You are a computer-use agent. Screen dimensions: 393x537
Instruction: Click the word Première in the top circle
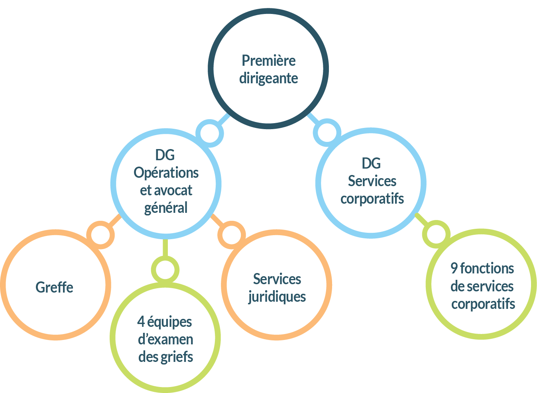[268, 61]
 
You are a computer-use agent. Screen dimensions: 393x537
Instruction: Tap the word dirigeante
[268, 78]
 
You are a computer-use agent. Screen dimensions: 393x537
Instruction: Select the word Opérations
[166, 173]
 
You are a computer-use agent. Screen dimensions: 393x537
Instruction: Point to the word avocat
[173, 191]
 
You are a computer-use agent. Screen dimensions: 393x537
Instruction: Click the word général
[166, 208]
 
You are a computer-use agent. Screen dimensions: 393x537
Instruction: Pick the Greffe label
[54, 287]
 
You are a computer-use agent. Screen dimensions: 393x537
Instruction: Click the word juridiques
[277, 297]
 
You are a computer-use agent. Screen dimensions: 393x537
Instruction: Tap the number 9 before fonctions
[454, 269]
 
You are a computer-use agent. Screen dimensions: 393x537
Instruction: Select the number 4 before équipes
[140, 322]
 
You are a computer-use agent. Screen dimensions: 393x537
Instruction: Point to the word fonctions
[487, 269]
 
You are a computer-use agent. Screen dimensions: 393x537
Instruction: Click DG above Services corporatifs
[371, 163]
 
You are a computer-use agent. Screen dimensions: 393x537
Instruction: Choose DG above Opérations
[165, 155]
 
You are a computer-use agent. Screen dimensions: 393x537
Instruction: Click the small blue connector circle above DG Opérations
[210, 133]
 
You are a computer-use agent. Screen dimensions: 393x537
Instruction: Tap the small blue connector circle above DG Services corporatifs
[327, 132]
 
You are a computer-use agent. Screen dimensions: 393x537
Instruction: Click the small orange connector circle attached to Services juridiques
[232, 235]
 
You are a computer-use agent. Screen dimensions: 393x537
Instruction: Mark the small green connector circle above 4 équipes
[165, 270]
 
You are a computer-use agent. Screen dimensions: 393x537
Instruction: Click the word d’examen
[165, 340]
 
